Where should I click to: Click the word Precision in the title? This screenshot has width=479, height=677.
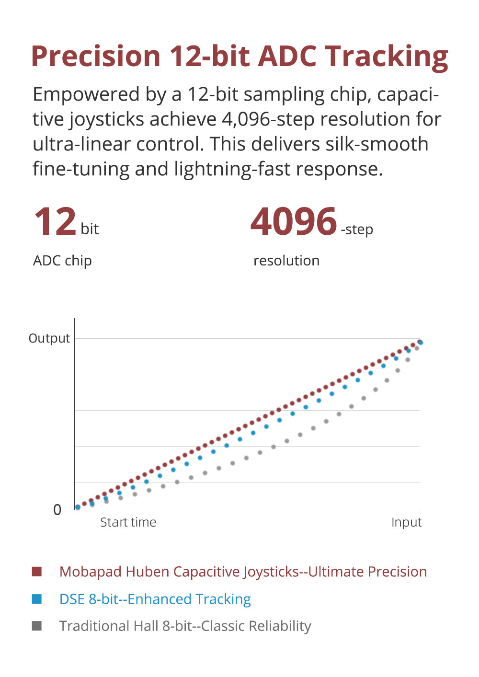[x=96, y=56]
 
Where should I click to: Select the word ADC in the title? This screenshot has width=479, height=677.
[x=288, y=56]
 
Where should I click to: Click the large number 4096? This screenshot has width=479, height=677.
[x=294, y=222]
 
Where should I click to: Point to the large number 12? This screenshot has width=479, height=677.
[x=56, y=222]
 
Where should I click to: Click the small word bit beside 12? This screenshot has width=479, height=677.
[x=90, y=229]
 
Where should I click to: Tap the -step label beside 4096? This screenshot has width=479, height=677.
[x=357, y=229]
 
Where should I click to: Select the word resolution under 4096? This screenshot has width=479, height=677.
[x=286, y=261]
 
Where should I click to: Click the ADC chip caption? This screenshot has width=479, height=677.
[x=62, y=261]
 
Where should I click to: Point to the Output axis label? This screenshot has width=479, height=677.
[x=49, y=338]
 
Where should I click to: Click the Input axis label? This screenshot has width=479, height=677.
[x=406, y=522]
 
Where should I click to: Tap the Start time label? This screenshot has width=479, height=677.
[x=128, y=522]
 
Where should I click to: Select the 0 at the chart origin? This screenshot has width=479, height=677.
[x=57, y=510]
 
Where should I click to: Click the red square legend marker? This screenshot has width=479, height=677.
[x=37, y=572]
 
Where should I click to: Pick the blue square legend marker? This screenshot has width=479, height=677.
[x=37, y=599]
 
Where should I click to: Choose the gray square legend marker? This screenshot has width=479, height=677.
[x=37, y=626]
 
